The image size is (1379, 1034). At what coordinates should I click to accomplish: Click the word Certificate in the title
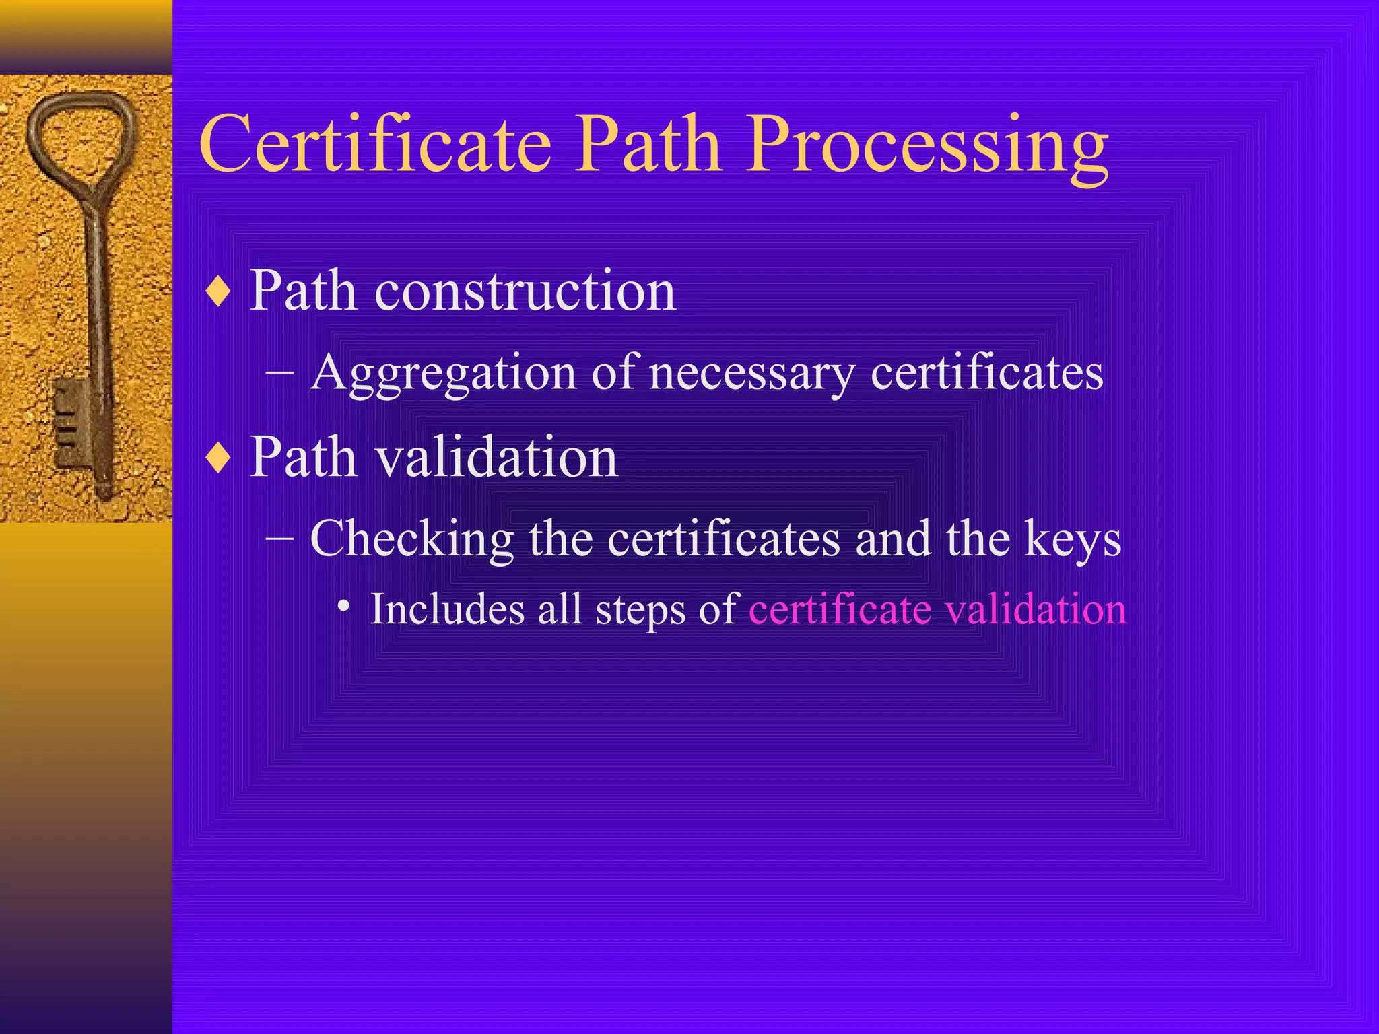tap(375, 144)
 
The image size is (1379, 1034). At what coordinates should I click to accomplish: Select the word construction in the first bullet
tap(525, 291)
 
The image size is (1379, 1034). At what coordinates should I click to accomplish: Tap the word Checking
tap(411, 540)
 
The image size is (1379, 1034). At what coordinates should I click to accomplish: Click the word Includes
tap(448, 609)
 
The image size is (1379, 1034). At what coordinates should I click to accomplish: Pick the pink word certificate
tap(840, 609)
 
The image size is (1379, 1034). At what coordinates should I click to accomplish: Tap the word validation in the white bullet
tap(496, 458)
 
